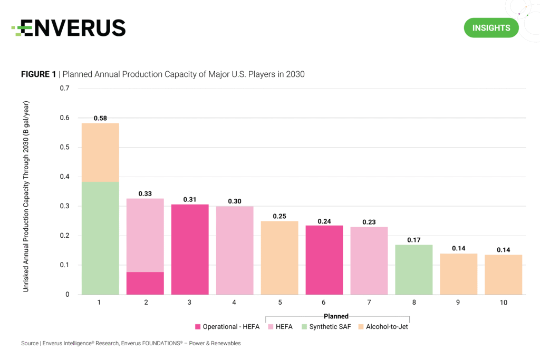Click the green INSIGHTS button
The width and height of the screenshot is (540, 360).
(491, 27)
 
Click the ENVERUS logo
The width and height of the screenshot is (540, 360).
(69, 28)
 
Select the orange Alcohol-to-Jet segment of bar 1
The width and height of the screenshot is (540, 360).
(100, 152)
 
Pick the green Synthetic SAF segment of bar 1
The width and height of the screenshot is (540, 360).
(100, 238)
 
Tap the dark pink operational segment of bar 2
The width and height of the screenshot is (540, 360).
(145, 283)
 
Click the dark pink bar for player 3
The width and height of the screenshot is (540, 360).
(190, 249)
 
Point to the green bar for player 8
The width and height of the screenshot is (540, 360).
(414, 269)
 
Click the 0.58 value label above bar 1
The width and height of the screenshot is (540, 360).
(100, 119)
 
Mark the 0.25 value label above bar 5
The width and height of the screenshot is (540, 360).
(279, 216)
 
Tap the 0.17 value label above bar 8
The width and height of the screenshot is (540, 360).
(414, 240)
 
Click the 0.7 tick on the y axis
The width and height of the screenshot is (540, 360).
(65, 88)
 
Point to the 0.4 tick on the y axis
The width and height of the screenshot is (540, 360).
(65, 177)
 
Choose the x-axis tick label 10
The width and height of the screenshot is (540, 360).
(504, 304)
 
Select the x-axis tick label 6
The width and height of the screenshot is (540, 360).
(324, 304)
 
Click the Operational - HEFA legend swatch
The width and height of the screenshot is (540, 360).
(199, 327)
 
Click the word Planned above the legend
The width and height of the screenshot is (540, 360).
(336, 316)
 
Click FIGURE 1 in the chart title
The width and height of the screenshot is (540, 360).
(38, 74)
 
